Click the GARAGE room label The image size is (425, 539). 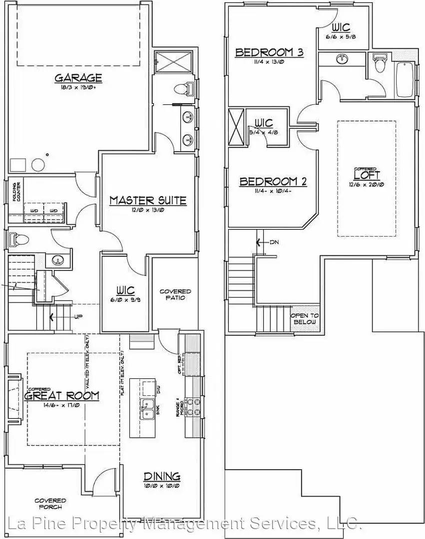coord(78,78)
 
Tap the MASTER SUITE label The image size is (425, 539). coord(148,201)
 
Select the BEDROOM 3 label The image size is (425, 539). coord(269,52)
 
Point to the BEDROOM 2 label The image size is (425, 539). coord(273,182)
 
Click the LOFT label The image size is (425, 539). coord(367,175)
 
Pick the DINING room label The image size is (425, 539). coord(162,476)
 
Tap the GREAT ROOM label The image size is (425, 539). coord(62,396)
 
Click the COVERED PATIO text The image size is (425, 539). coord(175,294)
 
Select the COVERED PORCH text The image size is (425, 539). coord(50,504)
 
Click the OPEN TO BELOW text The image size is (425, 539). coord(305,319)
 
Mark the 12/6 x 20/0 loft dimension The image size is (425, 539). coord(367,184)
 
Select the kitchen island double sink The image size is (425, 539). coord(147,409)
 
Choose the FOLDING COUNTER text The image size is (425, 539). coord(16,192)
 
